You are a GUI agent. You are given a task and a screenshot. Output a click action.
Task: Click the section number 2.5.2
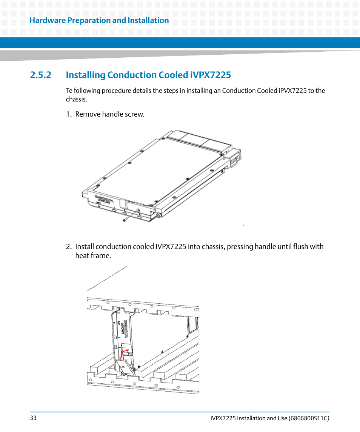[40, 75]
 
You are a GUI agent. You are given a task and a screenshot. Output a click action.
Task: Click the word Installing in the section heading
[85, 75]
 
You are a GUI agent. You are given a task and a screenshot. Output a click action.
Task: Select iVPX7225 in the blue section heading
[209, 75]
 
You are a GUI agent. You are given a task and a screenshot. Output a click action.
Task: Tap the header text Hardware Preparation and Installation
[99, 20]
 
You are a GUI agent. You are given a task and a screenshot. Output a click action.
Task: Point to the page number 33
[33, 418]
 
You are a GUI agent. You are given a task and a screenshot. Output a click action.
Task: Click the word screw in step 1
[134, 114]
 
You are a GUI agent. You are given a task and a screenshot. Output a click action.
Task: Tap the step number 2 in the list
[68, 247]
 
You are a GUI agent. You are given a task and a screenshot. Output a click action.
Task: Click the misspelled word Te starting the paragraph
[69, 91]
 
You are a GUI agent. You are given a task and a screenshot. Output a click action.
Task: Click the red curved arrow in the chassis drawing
[124, 354]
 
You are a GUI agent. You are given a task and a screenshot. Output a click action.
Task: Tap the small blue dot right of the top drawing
[244, 225]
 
